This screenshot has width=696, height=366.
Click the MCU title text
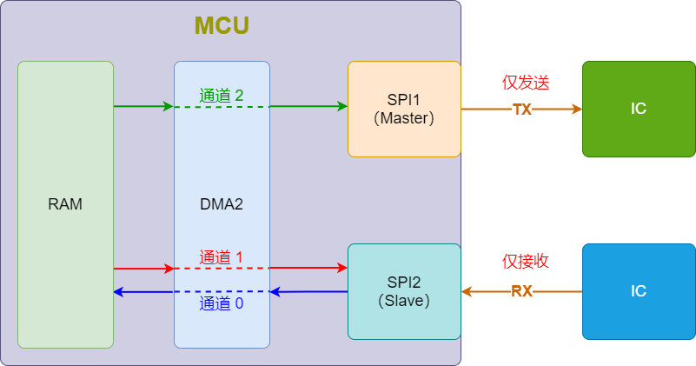[x=222, y=26]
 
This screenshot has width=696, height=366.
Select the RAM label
[x=65, y=204]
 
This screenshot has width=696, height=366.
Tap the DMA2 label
[x=222, y=204]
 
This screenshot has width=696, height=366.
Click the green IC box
[x=639, y=109]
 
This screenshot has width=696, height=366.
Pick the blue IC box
[x=639, y=291]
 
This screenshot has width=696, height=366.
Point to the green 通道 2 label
[x=222, y=96]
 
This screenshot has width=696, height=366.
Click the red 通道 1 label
[x=222, y=257]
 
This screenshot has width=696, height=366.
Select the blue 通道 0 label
[x=222, y=303]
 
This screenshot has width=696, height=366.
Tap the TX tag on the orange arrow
[x=521, y=110]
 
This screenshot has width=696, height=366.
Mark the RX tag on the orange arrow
[x=521, y=292]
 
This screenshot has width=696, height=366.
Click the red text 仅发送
[x=526, y=83]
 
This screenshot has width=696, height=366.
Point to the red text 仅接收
[x=526, y=262]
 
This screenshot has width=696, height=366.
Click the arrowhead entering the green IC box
[x=576, y=109]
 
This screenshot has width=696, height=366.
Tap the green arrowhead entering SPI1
[x=342, y=106]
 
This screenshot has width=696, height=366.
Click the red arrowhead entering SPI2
[x=342, y=268]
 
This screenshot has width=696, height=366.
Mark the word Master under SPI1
[x=404, y=117]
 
